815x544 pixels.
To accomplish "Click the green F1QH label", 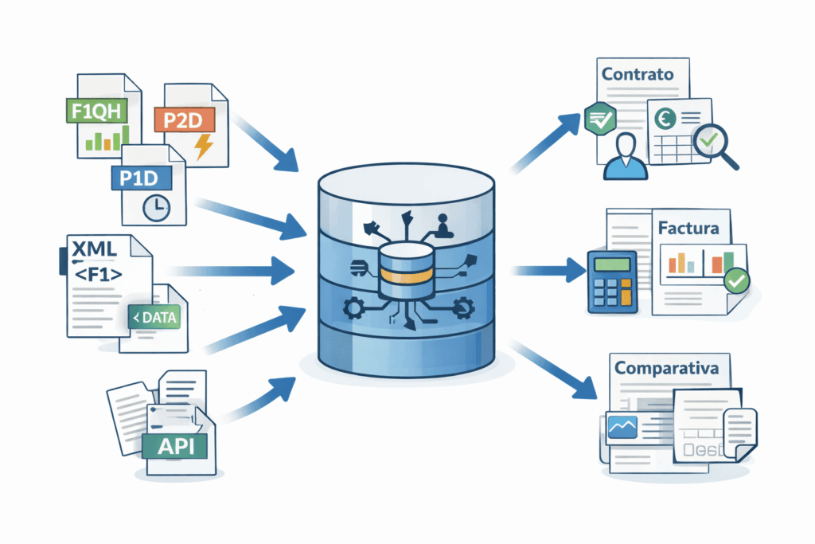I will coord(96,112).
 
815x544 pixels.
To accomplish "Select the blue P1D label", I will coord(136,178).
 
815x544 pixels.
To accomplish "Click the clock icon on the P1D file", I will coord(156,207).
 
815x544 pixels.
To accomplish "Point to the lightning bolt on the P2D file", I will coord(204,147).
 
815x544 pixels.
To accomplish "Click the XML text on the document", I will coord(95,249).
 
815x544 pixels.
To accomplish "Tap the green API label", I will coord(176,446).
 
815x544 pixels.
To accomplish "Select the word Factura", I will coord(688,228).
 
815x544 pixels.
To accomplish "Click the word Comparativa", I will coord(666,369).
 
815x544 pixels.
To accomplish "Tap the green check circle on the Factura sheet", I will coord(736,281).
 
